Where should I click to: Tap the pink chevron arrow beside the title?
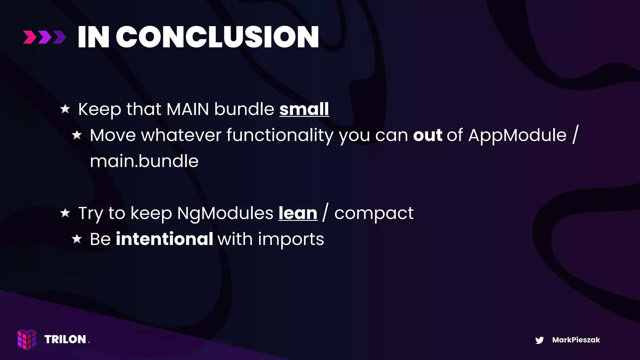coord(30,37)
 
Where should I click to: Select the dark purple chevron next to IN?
coord(59,37)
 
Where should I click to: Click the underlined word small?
coord(304,109)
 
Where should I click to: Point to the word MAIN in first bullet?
coord(187,109)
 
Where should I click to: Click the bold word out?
coord(427,135)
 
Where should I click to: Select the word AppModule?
coord(517,135)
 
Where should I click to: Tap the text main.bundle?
coord(144,161)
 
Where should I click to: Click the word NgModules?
coord(225,213)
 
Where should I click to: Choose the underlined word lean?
coord(298,213)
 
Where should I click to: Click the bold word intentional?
coord(164,239)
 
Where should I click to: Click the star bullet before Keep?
coord(65,109)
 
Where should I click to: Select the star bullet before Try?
coord(65,213)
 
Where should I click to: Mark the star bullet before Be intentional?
coord(77,239)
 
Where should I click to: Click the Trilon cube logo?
coord(27,339)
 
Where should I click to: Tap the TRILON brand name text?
coord(65,339)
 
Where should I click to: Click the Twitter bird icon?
coord(539,340)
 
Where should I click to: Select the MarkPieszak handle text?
coord(576,340)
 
